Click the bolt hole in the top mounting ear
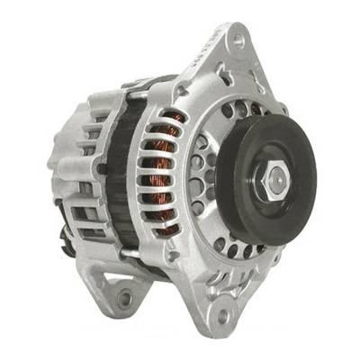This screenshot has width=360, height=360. (x=237, y=40)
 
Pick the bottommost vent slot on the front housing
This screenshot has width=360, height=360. (x=166, y=236)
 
